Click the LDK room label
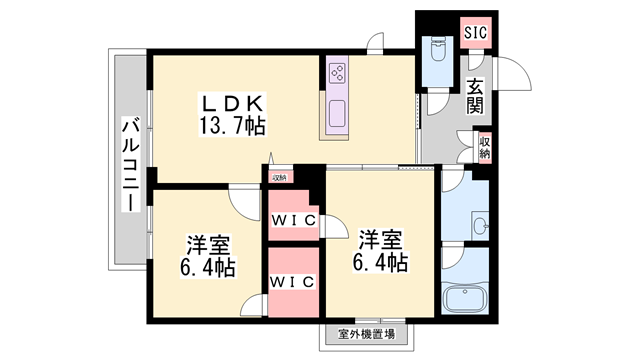233,102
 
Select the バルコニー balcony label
130,164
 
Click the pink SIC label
476,32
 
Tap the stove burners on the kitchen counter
337,73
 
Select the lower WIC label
293,281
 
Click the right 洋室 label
381,239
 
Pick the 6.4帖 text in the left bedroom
208,268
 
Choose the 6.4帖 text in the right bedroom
381,262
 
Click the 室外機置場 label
366,335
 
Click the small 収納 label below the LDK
279,178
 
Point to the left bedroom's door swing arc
243,205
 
